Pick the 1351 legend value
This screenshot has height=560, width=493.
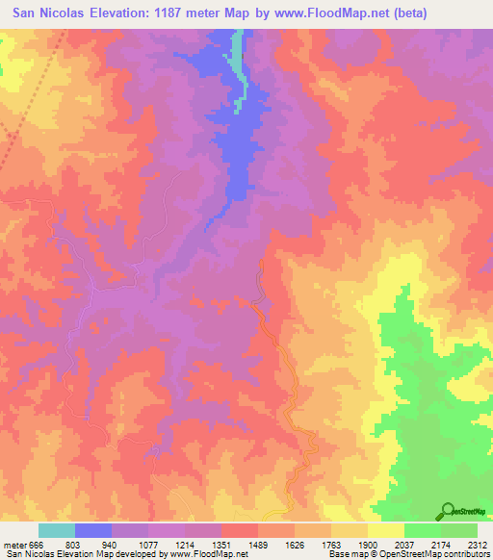[222, 546]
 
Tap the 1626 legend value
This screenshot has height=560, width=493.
[296, 546]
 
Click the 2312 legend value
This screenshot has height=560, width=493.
[478, 546]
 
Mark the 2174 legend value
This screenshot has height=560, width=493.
[442, 546]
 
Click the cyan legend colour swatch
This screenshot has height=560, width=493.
[57, 531]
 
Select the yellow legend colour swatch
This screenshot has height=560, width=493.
[386, 531]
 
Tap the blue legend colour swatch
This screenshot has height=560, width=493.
[93, 531]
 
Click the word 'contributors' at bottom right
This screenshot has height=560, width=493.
[465, 555]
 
